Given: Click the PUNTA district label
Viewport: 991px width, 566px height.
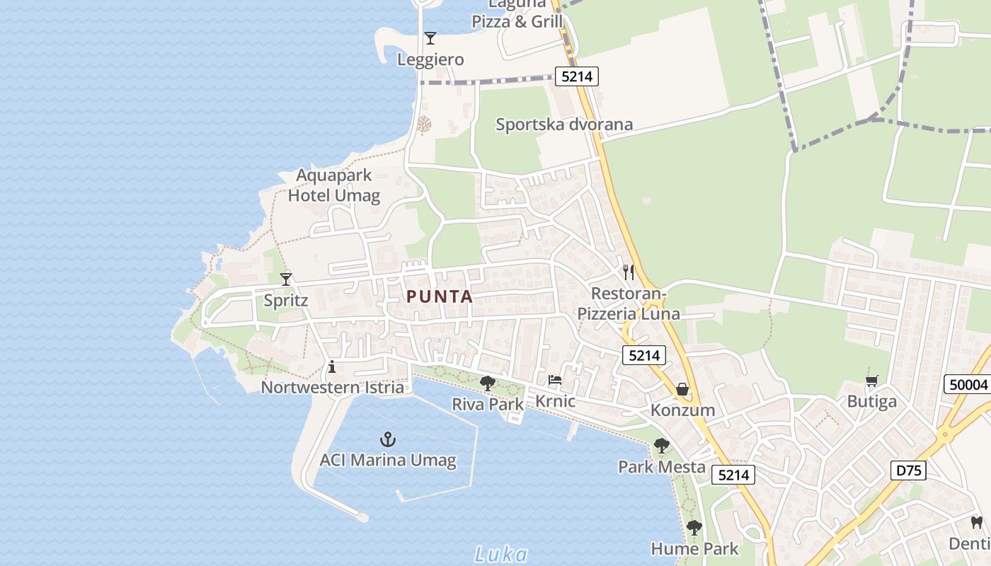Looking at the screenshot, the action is (x=440, y=296).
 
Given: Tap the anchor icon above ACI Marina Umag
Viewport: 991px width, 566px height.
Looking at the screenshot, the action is (x=387, y=439).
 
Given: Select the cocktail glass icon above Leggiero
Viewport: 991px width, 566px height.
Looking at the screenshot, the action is (x=430, y=37).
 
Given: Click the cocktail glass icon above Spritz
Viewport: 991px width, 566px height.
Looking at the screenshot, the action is (x=286, y=279).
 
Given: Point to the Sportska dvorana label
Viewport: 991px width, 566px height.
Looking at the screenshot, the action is (x=564, y=125).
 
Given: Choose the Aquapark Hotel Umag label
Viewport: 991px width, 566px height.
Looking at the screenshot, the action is (x=334, y=185).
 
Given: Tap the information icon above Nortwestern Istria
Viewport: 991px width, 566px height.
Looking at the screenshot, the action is (x=332, y=366).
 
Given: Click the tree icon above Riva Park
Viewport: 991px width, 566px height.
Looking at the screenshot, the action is (x=488, y=383).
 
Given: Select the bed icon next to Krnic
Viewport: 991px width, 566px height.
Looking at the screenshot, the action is (x=555, y=380).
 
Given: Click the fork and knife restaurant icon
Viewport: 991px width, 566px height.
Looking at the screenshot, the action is (x=629, y=272).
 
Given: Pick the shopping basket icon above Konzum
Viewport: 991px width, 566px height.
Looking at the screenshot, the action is (x=682, y=389).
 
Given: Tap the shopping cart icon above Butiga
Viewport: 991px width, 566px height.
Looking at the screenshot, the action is (x=871, y=381).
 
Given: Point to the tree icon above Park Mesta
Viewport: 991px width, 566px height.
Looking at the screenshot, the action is (x=661, y=446).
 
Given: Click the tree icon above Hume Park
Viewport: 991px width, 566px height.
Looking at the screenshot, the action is (x=694, y=528).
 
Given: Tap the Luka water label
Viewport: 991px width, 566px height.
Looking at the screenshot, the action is (x=501, y=554).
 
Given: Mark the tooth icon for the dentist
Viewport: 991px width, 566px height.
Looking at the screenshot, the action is (x=977, y=523).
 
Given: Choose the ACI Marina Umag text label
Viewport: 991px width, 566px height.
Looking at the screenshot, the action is (x=388, y=461).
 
